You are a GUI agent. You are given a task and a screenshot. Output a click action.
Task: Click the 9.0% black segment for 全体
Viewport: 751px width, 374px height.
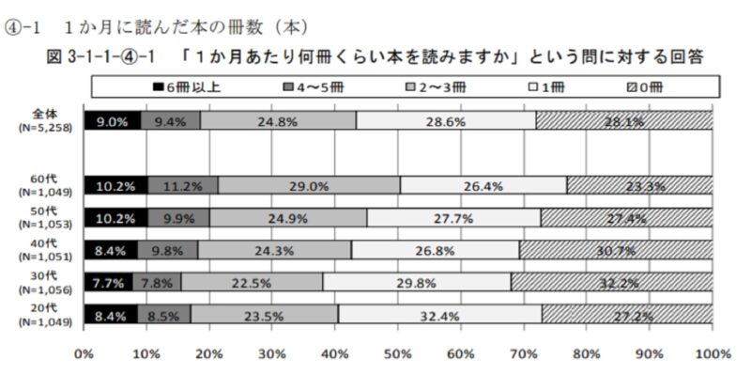point(112,120)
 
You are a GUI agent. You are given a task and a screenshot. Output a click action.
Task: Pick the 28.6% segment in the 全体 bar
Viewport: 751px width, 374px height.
point(446,120)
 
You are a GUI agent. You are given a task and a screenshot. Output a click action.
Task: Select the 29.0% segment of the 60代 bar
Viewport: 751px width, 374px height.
point(309,185)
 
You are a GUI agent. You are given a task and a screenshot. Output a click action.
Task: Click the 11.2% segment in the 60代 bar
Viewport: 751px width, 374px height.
point(182,185)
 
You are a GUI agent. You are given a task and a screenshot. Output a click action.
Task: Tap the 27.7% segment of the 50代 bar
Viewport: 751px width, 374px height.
point(453,218)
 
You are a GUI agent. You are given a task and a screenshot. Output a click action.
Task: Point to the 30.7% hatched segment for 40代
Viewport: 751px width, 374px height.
point(616,250)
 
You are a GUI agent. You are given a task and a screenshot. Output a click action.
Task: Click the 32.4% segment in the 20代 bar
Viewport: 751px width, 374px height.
point(439,315)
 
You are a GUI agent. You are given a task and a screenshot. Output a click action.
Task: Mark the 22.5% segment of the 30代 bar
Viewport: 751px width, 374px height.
point(252,282)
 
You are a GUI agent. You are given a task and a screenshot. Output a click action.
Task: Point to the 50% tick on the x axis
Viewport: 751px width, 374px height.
point(397,353)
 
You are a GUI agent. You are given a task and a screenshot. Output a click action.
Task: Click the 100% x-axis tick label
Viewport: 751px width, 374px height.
point(711,353)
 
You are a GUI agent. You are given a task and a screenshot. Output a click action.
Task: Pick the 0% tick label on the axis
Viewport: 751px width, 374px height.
point(84,353)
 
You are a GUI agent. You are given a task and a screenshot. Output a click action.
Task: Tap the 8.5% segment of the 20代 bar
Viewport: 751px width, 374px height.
point(163,315)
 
